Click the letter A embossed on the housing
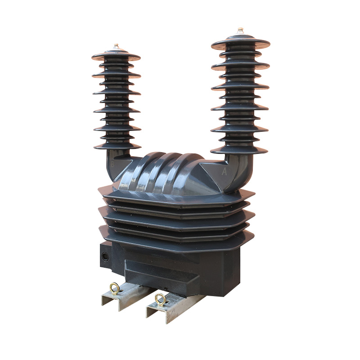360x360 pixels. (x=224, y=171)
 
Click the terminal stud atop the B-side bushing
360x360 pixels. (x=116, y=47)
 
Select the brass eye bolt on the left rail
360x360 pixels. (x=115, y=288)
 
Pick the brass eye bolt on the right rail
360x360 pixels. (x=160, y=299)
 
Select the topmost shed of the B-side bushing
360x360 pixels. (x=116, y=56)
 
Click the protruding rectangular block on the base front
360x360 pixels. (x=162, y=274)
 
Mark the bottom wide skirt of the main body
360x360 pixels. (x=175, y=241)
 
